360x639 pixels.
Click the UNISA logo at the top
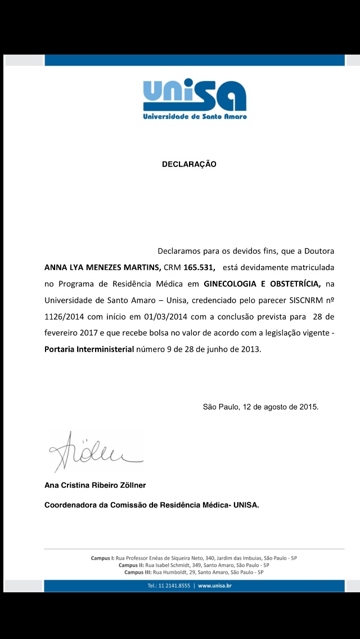194,99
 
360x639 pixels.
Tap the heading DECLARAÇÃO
189,164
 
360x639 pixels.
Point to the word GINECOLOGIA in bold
231,283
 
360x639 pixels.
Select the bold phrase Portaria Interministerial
89,349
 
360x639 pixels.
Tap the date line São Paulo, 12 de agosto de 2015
260,407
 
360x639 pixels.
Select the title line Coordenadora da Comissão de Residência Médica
151,505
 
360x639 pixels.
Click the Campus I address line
194,558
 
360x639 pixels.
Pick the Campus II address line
194,565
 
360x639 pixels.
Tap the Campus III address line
194,572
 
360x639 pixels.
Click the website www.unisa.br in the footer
215,586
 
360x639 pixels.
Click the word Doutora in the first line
324,250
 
